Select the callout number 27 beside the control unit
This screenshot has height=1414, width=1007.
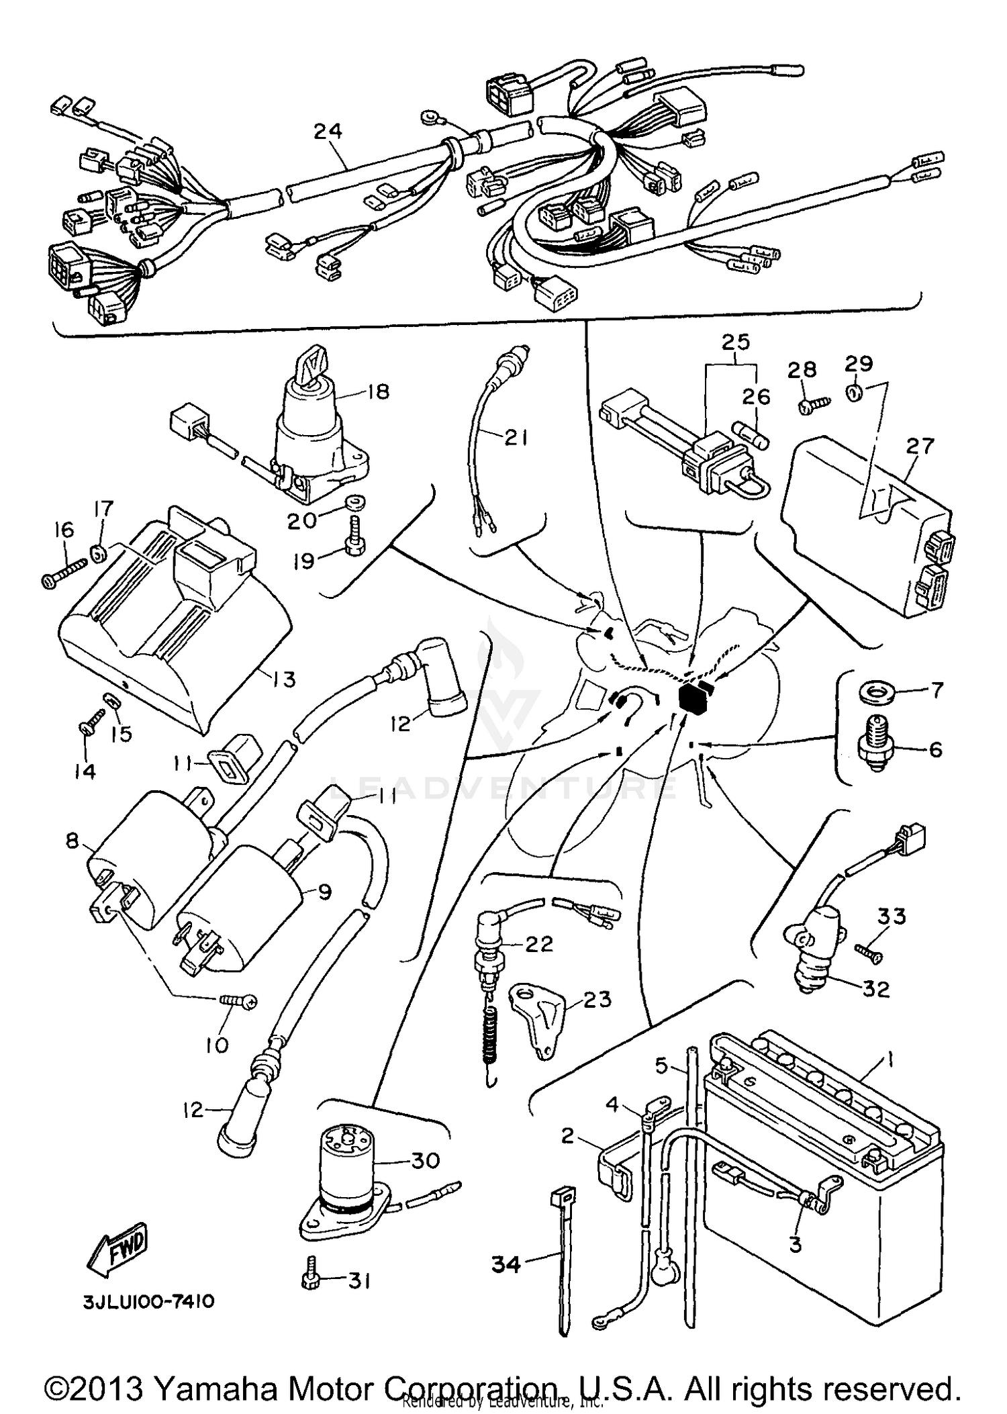(919, 446)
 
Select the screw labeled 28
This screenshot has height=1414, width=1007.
(814, 404)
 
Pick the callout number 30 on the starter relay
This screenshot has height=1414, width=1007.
(425, 1160)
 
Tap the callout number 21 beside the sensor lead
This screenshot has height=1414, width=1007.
(515, 438)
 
